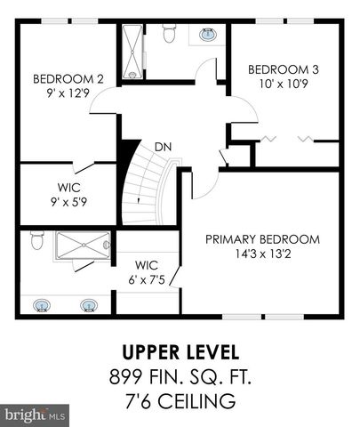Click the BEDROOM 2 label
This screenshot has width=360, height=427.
pyautogui.click(x=68, y=78)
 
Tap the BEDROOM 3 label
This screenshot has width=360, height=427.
pyautogui.click(x=283, y=69)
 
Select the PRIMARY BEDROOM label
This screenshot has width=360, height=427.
pyautogui.click(x=262, y=238)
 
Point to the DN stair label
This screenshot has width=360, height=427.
pyautogui.click(x=163, y=146)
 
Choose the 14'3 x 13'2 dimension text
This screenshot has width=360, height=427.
pyautogui.click(x=262, y=253)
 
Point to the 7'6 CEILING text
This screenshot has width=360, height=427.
pyautogui.click(x=180, y=401)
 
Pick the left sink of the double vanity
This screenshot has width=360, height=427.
pyautogui.click(x=42, y=305)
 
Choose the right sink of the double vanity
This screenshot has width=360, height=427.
pyautogui.click(x=88, y=305)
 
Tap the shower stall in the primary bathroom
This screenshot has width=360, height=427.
pyautogui.click(x=83, y=246)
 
